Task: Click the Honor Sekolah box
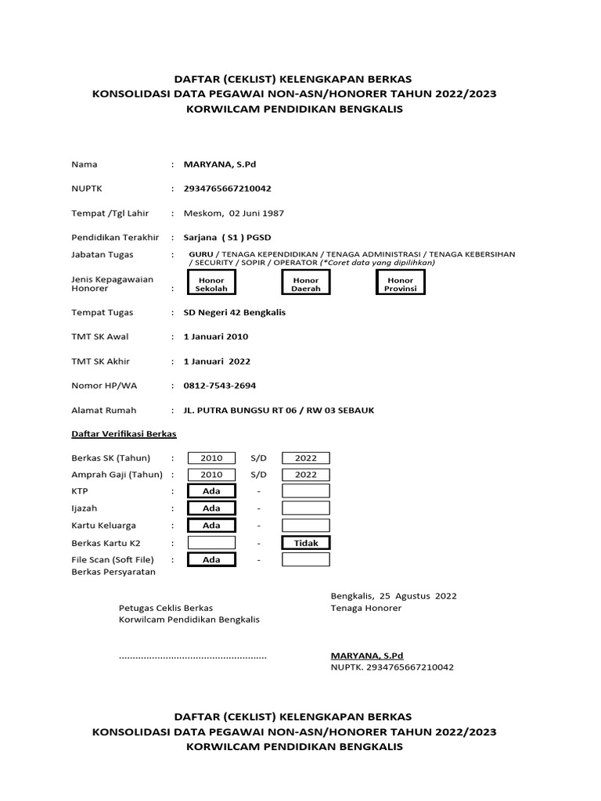pos(211,284)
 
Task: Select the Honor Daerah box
pos(306,284)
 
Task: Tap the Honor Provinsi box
pos(401,284)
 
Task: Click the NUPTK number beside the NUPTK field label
pos(228,189)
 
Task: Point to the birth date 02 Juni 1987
pos(256,213)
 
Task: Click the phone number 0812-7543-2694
pos(219,386)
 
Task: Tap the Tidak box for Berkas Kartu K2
pos(306,543)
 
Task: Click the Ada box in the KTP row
pos(211,491)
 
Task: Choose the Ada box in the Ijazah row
pos(211,508)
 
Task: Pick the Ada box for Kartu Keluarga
pos(211,526)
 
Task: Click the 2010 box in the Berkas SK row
pos(211,458)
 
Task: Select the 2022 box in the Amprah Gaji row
pos(306,475)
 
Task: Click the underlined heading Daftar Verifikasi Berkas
pos(124,433)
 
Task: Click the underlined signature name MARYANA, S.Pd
pos(367,656)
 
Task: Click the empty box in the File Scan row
pos(306,560)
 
